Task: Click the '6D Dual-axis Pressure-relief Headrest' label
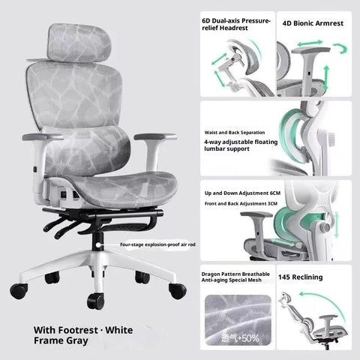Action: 235,22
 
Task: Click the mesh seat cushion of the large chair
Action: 97,184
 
